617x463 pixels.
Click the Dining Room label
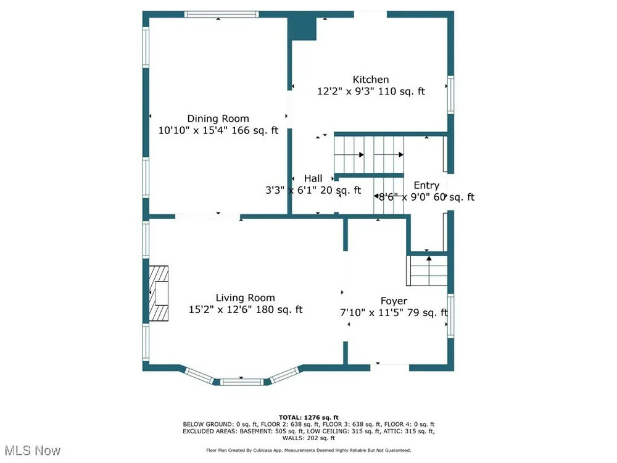coord(218,119)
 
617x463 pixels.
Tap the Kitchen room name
coord(371,80)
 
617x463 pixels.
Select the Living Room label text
coord(245,298)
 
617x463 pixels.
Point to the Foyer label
coord(394,301)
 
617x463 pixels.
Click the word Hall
coord(313,178)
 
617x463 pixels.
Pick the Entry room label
coord(426,185)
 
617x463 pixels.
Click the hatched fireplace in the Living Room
coord(159,293)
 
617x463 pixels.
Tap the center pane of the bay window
coord(241,382)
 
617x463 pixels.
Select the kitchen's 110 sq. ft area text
coord(402,91)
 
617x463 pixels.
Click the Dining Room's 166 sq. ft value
coord(255,130)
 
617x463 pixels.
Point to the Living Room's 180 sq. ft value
coord(279,309)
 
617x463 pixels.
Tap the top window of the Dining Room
coord(222,15)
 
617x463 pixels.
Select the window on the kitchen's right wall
coord(450,95)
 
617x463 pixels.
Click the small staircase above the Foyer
coord(427,270)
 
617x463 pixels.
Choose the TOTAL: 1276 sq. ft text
coord(308,417)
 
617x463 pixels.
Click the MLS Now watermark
coord(33,451)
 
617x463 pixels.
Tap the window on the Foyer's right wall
coord(450,315)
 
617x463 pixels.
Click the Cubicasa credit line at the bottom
coord(308,450)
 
